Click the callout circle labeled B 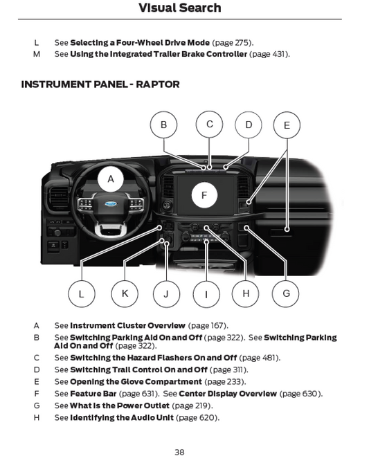(163, 125)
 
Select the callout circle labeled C (209, 124)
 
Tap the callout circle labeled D (249, 125)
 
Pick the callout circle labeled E (287, 125)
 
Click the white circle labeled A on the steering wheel (111, 179)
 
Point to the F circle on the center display (204, 195)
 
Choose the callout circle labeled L (82, 293)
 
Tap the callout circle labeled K (125, 293)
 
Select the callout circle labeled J (166, 293)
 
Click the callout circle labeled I (206, 294)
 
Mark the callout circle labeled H (246, 293)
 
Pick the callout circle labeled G (286, 293)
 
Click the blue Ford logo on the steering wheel (111, 203)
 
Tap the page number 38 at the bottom (179, 452)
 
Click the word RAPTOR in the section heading (158, 84)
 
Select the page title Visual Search (180, 8)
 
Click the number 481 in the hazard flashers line (269, 358)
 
